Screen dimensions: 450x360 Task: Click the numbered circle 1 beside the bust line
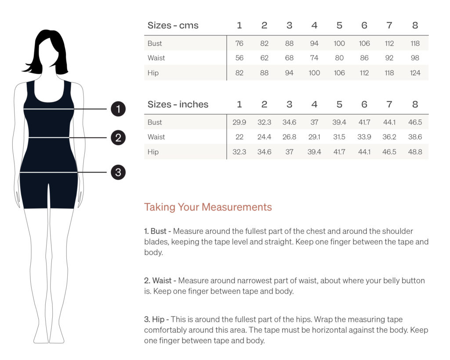click(118, 109)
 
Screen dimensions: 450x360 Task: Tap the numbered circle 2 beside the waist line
click(118, 138)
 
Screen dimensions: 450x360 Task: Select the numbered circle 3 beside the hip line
click(118, 172)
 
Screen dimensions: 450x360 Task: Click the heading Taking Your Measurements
click(208, 207)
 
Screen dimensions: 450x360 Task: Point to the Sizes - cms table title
click(173, 25)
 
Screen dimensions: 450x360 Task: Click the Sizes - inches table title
click(178, 104)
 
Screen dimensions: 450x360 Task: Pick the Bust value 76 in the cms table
click(240, 44)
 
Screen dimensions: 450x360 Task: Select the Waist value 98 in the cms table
click(415, 58)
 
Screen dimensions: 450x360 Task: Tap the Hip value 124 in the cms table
click(415, 73)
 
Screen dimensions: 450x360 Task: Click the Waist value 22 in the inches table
click(240, 137)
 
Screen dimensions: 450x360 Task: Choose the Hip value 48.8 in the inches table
click(415, 152)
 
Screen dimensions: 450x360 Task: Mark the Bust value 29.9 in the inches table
click(240, 122)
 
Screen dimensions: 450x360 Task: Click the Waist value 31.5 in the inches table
click(339, 137)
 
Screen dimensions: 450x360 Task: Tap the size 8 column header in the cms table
click(415, 25)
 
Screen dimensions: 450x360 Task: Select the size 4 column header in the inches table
click(314, 104)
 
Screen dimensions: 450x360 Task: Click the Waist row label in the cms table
click(156, 58)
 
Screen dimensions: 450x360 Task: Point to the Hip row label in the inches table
click(153, 152)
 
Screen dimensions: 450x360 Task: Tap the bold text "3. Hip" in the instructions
click(154, 320)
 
